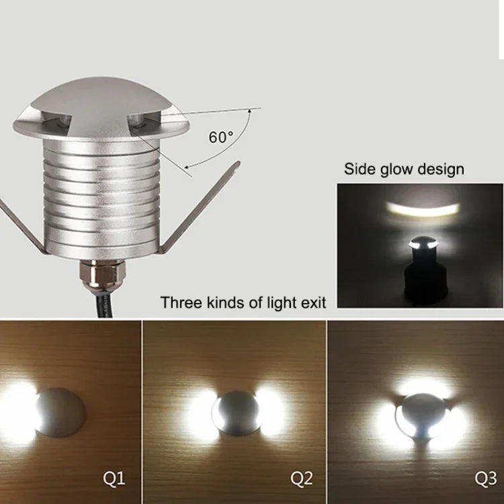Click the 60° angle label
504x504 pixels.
pos(220,137)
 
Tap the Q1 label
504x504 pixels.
pos(113,479)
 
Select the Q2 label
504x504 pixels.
pos(302,479)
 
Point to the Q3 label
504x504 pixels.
pos(485,479)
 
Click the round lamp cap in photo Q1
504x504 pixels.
pos(60,411)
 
